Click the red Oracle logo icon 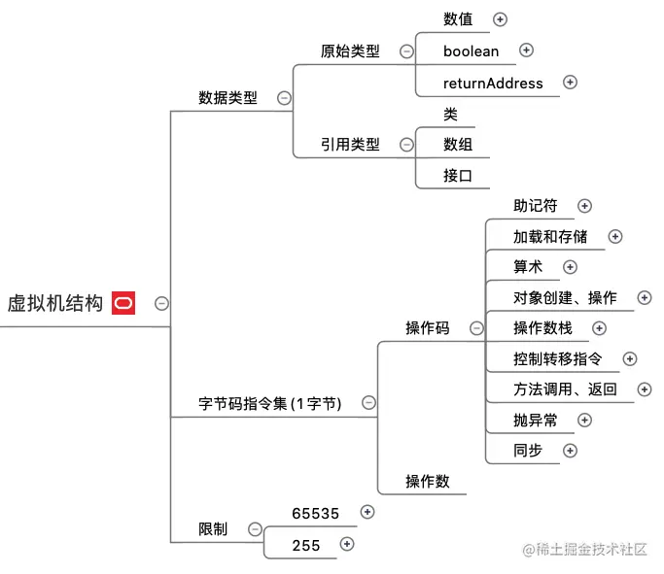point(123,303)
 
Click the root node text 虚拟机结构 point(54,303)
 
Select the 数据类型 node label point(227,97)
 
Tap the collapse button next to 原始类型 point(405,51)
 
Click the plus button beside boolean point(526,51)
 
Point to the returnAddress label point(493,83)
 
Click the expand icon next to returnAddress point(571,83)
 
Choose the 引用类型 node point(350,144)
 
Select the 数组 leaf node point(458,144)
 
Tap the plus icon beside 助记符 point(584,206)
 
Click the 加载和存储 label point(550,236)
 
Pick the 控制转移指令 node point(558,359)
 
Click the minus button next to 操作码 point(476,328)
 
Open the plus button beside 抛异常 point(584,420)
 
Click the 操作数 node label point(428,481)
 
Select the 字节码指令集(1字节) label point(269,403)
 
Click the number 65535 point(316,513)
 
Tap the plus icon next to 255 point(347,545)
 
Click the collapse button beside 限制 point(255,529)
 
